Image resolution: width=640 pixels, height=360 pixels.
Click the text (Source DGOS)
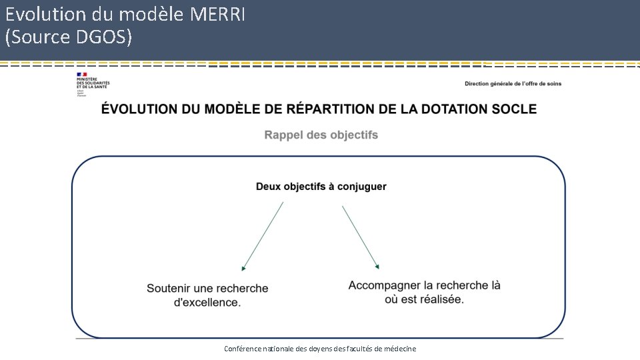(x=69, y=37)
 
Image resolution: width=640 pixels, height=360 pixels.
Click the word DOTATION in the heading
(x=451, y=109)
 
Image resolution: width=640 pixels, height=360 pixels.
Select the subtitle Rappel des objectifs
(x=321, y=135)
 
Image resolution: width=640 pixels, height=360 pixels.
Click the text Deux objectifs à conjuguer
(x=321, y=187)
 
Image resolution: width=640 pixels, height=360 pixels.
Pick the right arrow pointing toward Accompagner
(x=361, y=237)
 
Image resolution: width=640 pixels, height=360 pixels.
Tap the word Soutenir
(x=169, y=289)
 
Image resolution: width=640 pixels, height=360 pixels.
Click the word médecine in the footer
(x=399, y=349)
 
